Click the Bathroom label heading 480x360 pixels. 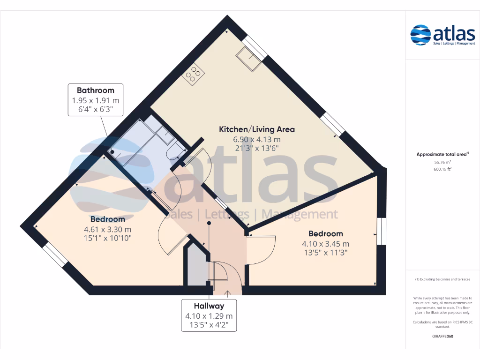[96, 90]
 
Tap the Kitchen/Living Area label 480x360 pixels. [257, 129]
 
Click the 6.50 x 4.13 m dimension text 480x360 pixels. [257, 139]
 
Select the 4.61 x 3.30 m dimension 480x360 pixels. [107, 229]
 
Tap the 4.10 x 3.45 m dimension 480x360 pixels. [325, 244]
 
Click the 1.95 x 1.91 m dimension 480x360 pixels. [96, 100]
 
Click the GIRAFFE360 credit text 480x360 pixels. [442, 336]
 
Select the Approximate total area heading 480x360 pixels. [442, 154]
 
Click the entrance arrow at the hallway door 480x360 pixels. [228, 294]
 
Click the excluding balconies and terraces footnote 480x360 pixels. [442, 279]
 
